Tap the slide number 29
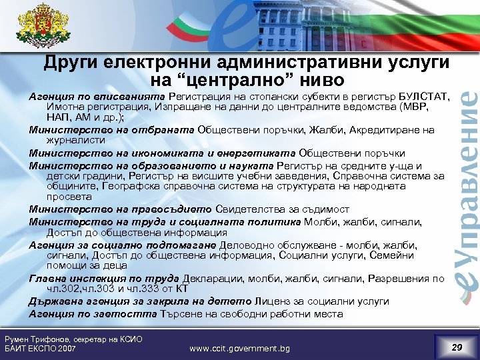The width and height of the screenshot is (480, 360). coord(456,347)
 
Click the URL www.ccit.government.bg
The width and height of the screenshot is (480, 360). coord(240,348)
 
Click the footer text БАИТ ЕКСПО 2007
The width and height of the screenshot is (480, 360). coord(40,349)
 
